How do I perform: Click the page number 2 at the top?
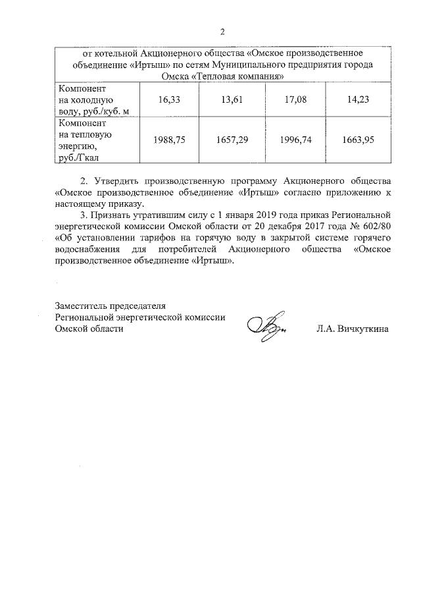pos(222,32)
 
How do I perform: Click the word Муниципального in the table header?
pos(257,65)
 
